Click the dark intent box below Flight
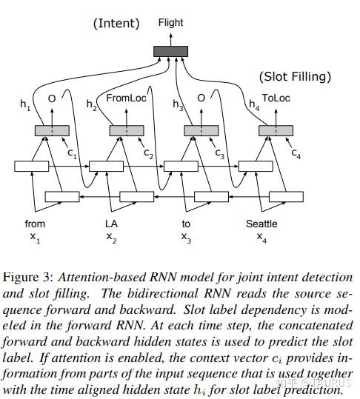pos(170,51)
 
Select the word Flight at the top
pos(170,23)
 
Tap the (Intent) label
pos(116,24)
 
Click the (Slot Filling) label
pos(294,76)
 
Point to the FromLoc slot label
pos(127,97)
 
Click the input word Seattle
pos(261,224)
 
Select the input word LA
pos(111,224)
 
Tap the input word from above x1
pos(35,224)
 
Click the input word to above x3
pos(186,224)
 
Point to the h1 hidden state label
pos(25,106)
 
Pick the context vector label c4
pos(296,154)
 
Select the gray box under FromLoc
pos(127,130)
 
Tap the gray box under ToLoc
pos(276,130)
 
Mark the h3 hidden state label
pos(178,106)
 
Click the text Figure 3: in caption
pos(27,277)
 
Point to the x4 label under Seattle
pos(261,237)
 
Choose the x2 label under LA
pos(111,237)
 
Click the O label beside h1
pos(52,97)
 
